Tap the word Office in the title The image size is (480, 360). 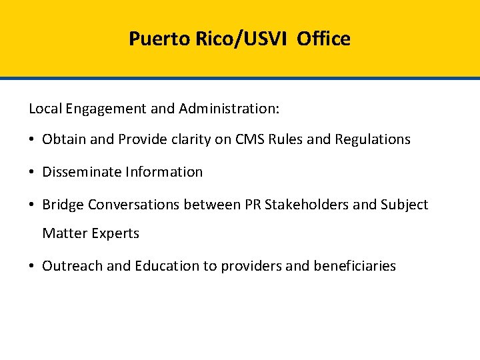pyautogui.click(x=323, y=39)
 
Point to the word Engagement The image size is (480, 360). pyautogui.click(x=105, y=109)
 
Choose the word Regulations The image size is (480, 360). pyautogui.click(x=373, y=139)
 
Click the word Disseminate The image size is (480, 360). pyautogui.click(x=78, y=171)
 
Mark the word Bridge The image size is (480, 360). pyautogui.click(x=63, y=205)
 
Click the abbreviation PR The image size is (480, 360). pyautogui.click(x=253, y=205)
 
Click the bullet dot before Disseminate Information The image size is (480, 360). pyautogui.click(x=32, y=172)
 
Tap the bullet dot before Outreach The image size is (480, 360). pyautogui.click(x=32, y=267)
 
